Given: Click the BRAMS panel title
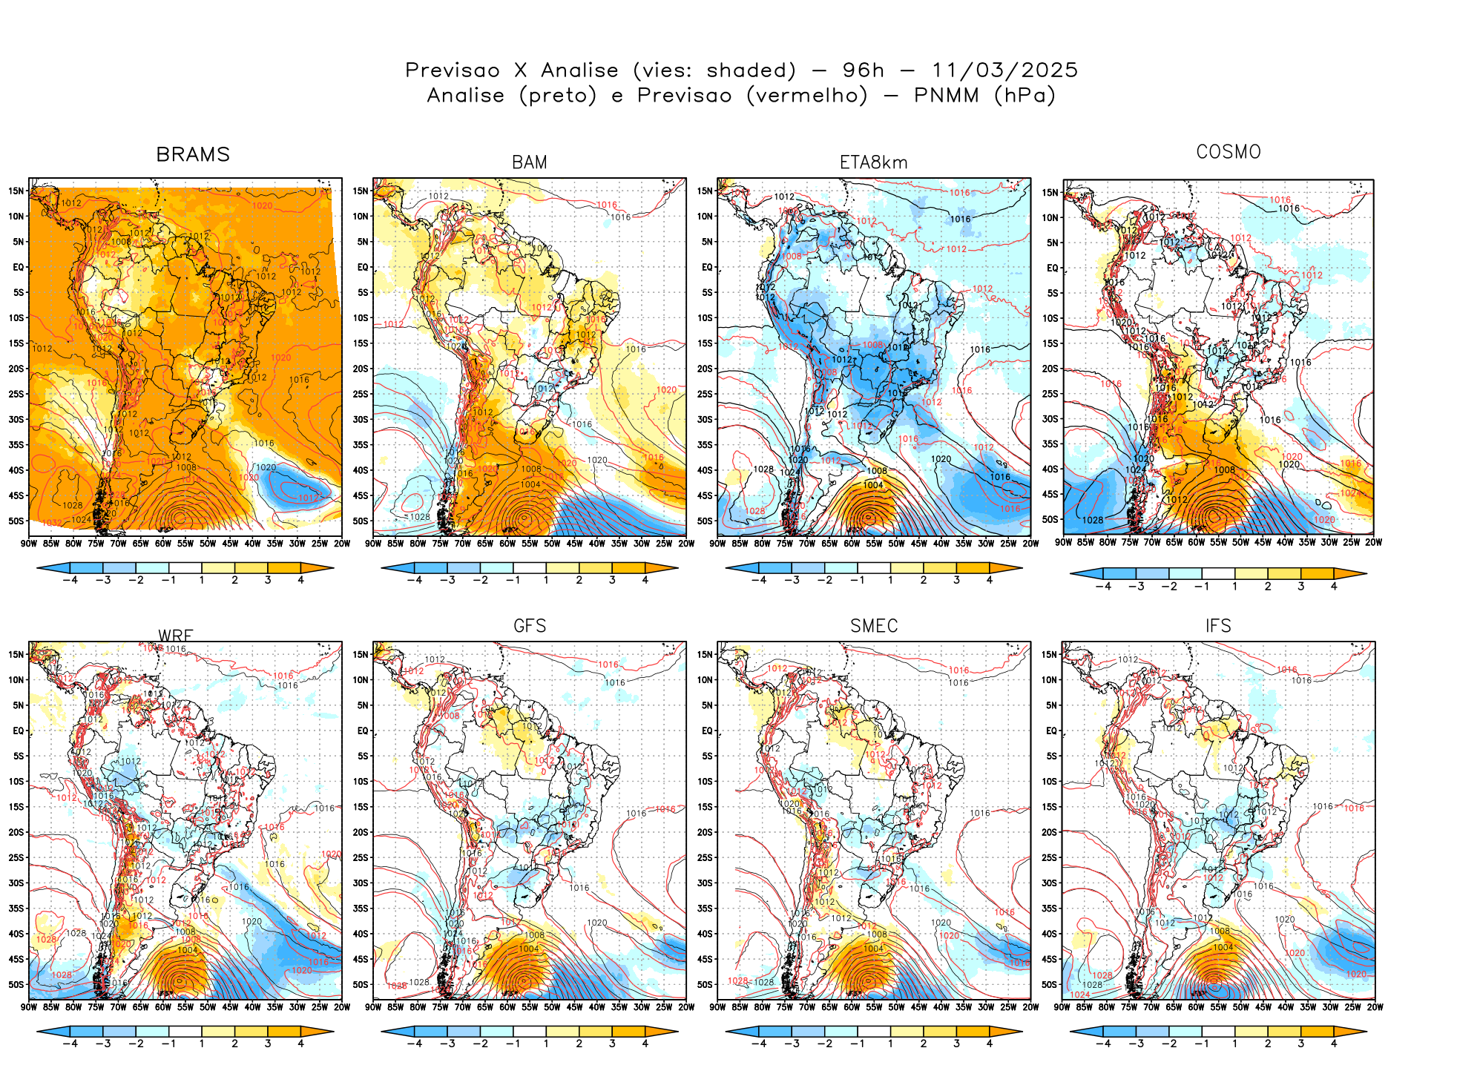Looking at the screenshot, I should click(193, 154).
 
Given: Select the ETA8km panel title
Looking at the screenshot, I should click(873, 162).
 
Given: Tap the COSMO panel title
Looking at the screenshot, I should click(1228, 152).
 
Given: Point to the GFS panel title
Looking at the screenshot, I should click(530, 626).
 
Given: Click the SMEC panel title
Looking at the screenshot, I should click(874, 626).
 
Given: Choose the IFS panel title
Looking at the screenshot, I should click(1218, 626).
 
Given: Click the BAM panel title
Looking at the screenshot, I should click(529, 162).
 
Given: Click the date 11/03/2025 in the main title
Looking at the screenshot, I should click(1004, 70).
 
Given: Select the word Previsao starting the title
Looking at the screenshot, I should click(453, 70).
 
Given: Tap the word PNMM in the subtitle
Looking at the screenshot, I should click(947, 96).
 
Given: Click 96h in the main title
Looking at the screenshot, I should click(864, 70).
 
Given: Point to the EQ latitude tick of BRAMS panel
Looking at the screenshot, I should click(19, 267).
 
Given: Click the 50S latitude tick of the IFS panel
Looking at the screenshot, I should click(1049, 984).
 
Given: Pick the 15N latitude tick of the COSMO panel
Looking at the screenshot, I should click(1050, 193).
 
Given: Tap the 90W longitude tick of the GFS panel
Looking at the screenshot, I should click(374, 1007).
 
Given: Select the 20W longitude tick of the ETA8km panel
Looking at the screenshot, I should click(1030, 544).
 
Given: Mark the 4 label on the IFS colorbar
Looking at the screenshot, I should click(1334, 1043).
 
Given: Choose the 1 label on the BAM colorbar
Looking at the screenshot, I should click(546, 580).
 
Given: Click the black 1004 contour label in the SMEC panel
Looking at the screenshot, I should click(873, 949).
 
